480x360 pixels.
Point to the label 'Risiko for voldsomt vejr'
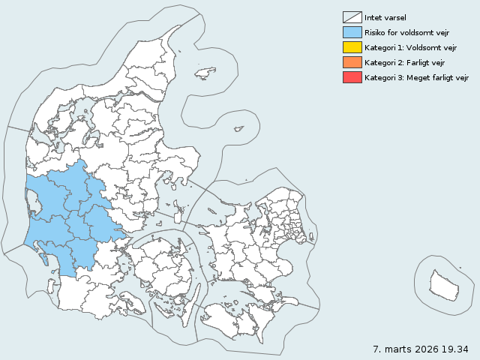pyautogui.click(x=406, y=32)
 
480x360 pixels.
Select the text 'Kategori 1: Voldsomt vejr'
pyautogui.click(x=410, y=47)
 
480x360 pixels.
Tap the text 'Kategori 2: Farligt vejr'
pyautogui.click(x=405, y=62)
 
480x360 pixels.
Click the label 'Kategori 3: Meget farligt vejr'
pyautogui.click(x=417, y=77)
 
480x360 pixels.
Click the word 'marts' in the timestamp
pyautogui.click(x=397, y=349)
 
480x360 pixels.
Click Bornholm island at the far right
pyautogui.click(x=444, y=283)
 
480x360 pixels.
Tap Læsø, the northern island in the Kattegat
pyautogui.click(x=205, y=73)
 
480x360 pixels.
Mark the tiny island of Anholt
pyautogui.click(x=238, y=129)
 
